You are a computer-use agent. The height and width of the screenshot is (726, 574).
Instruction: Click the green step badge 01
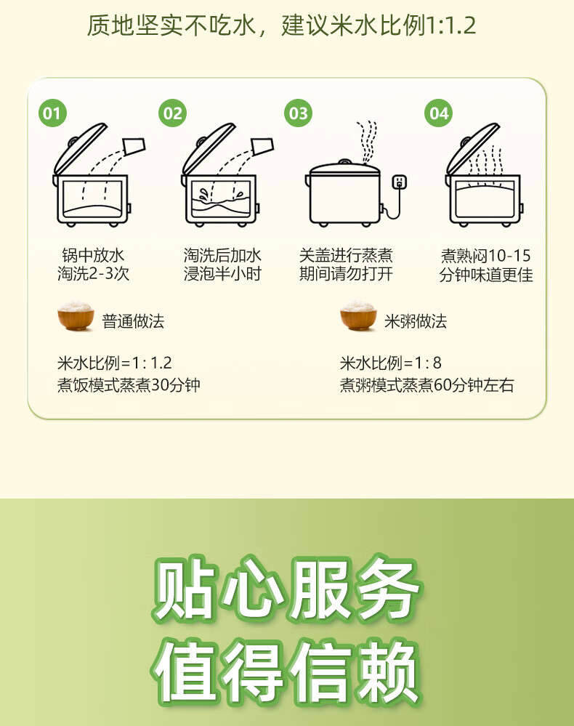(x=52, y=113)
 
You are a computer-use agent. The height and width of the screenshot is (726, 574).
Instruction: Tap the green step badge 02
(x=172, y=113)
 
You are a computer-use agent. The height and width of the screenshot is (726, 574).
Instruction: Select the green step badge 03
(x=298, y=113)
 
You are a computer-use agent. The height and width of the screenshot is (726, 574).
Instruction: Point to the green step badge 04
(x=439, y=113)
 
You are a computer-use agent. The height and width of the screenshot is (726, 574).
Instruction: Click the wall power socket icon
(x=400, y=182)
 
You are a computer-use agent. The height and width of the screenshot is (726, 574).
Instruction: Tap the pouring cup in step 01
(x=134, y=146)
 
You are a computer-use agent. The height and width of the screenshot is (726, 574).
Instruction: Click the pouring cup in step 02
(x=262, y=146)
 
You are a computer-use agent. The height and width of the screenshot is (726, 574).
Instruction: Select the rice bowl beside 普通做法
(x=76, y=316)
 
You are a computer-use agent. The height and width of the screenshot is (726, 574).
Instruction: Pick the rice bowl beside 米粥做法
(x=358, y=316)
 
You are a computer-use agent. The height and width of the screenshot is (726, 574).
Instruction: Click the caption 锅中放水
(x=93, y=255)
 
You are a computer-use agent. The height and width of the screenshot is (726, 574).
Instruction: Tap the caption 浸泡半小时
(x=222, y=274)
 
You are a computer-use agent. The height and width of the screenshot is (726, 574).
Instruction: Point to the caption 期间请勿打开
(x=346, y=274)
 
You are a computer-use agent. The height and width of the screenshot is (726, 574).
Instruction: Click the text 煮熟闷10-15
(x=485, y=255)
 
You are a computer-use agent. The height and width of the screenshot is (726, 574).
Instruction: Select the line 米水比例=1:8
(x=390, y=363)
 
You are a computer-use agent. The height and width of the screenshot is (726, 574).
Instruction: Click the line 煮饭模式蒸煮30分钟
(x=129, y=384)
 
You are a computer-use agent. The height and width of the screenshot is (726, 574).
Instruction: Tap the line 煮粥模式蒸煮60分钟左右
(x=427, y=384)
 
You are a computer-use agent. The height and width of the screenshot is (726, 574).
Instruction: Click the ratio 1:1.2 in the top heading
(x=450, y=25)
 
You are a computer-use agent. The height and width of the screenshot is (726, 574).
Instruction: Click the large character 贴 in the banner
(x=185, y=589)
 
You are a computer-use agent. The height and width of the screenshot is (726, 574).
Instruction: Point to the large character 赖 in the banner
(x=388, y=670)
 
